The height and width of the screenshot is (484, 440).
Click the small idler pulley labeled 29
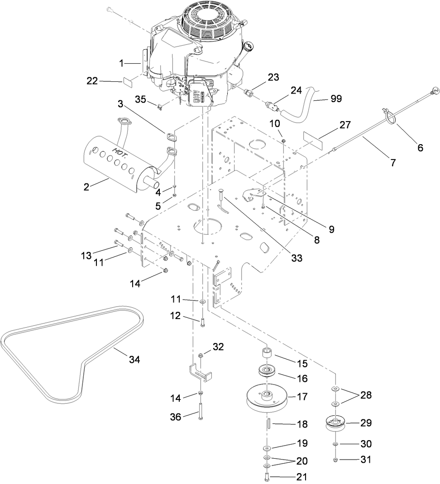pos(336,423)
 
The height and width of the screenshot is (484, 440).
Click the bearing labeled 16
pos(267,371)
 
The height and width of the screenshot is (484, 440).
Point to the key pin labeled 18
pos(268,424)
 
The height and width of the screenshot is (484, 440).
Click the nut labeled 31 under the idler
pos(335,460)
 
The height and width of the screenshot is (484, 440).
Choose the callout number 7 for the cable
pos(392,163)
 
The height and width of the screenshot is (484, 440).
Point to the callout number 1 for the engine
pos(121,63)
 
